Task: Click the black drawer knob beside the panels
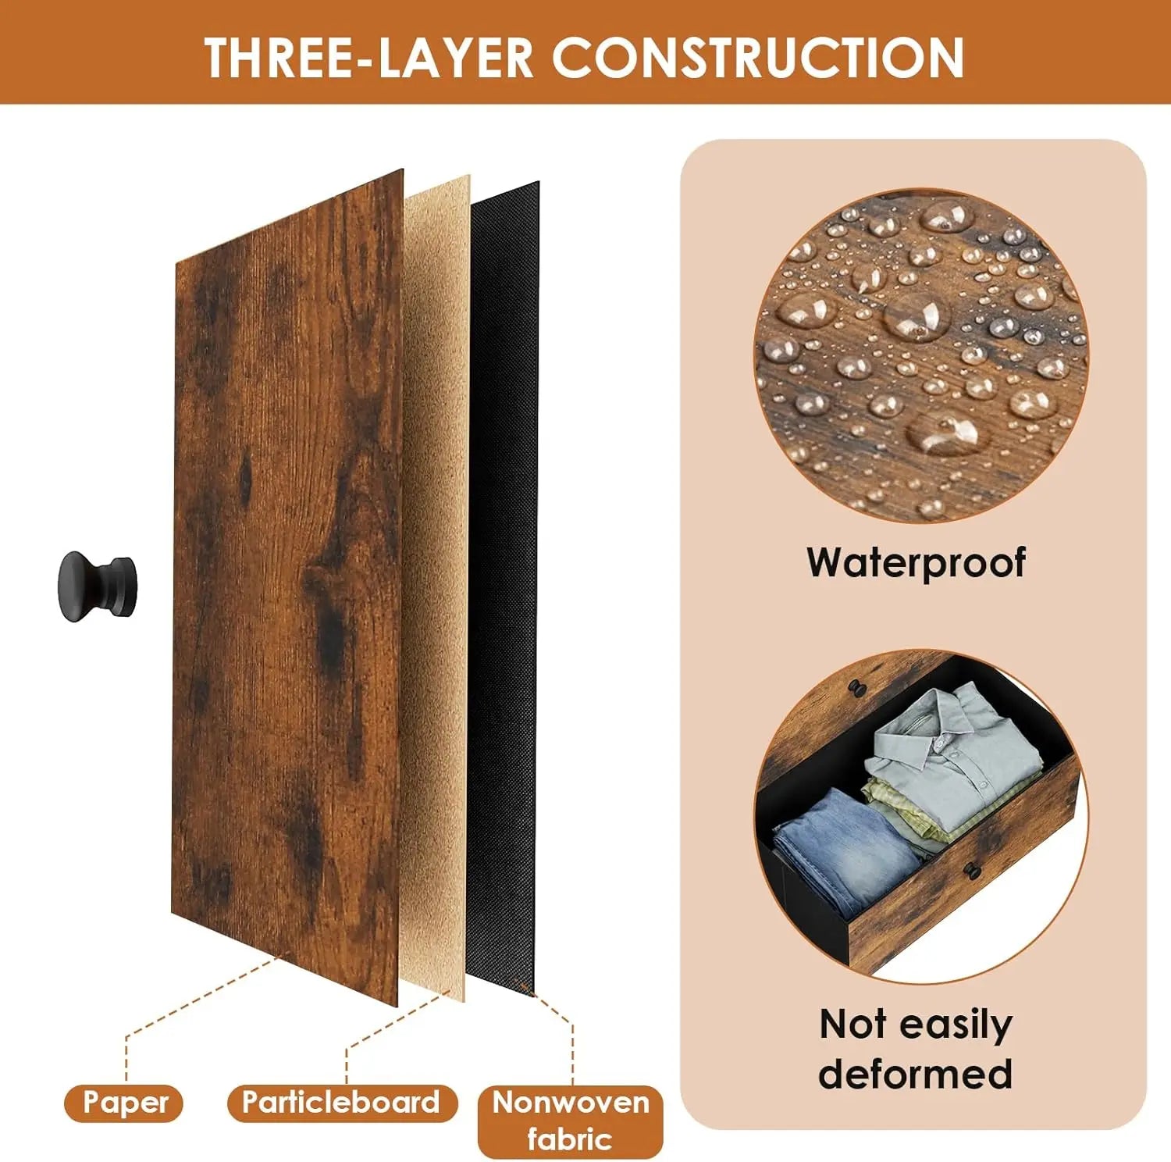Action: point(97,586)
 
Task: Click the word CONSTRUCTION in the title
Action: point(758,58)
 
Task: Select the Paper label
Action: point(124,1103)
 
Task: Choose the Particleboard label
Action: point(341,1103)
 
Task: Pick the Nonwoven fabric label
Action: point(570,1121)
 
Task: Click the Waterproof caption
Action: point(916,563)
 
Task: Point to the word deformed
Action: point(915,1074)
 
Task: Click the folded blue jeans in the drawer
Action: point(845,850)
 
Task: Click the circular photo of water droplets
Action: point(921,355)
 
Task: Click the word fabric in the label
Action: point(569,1139)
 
